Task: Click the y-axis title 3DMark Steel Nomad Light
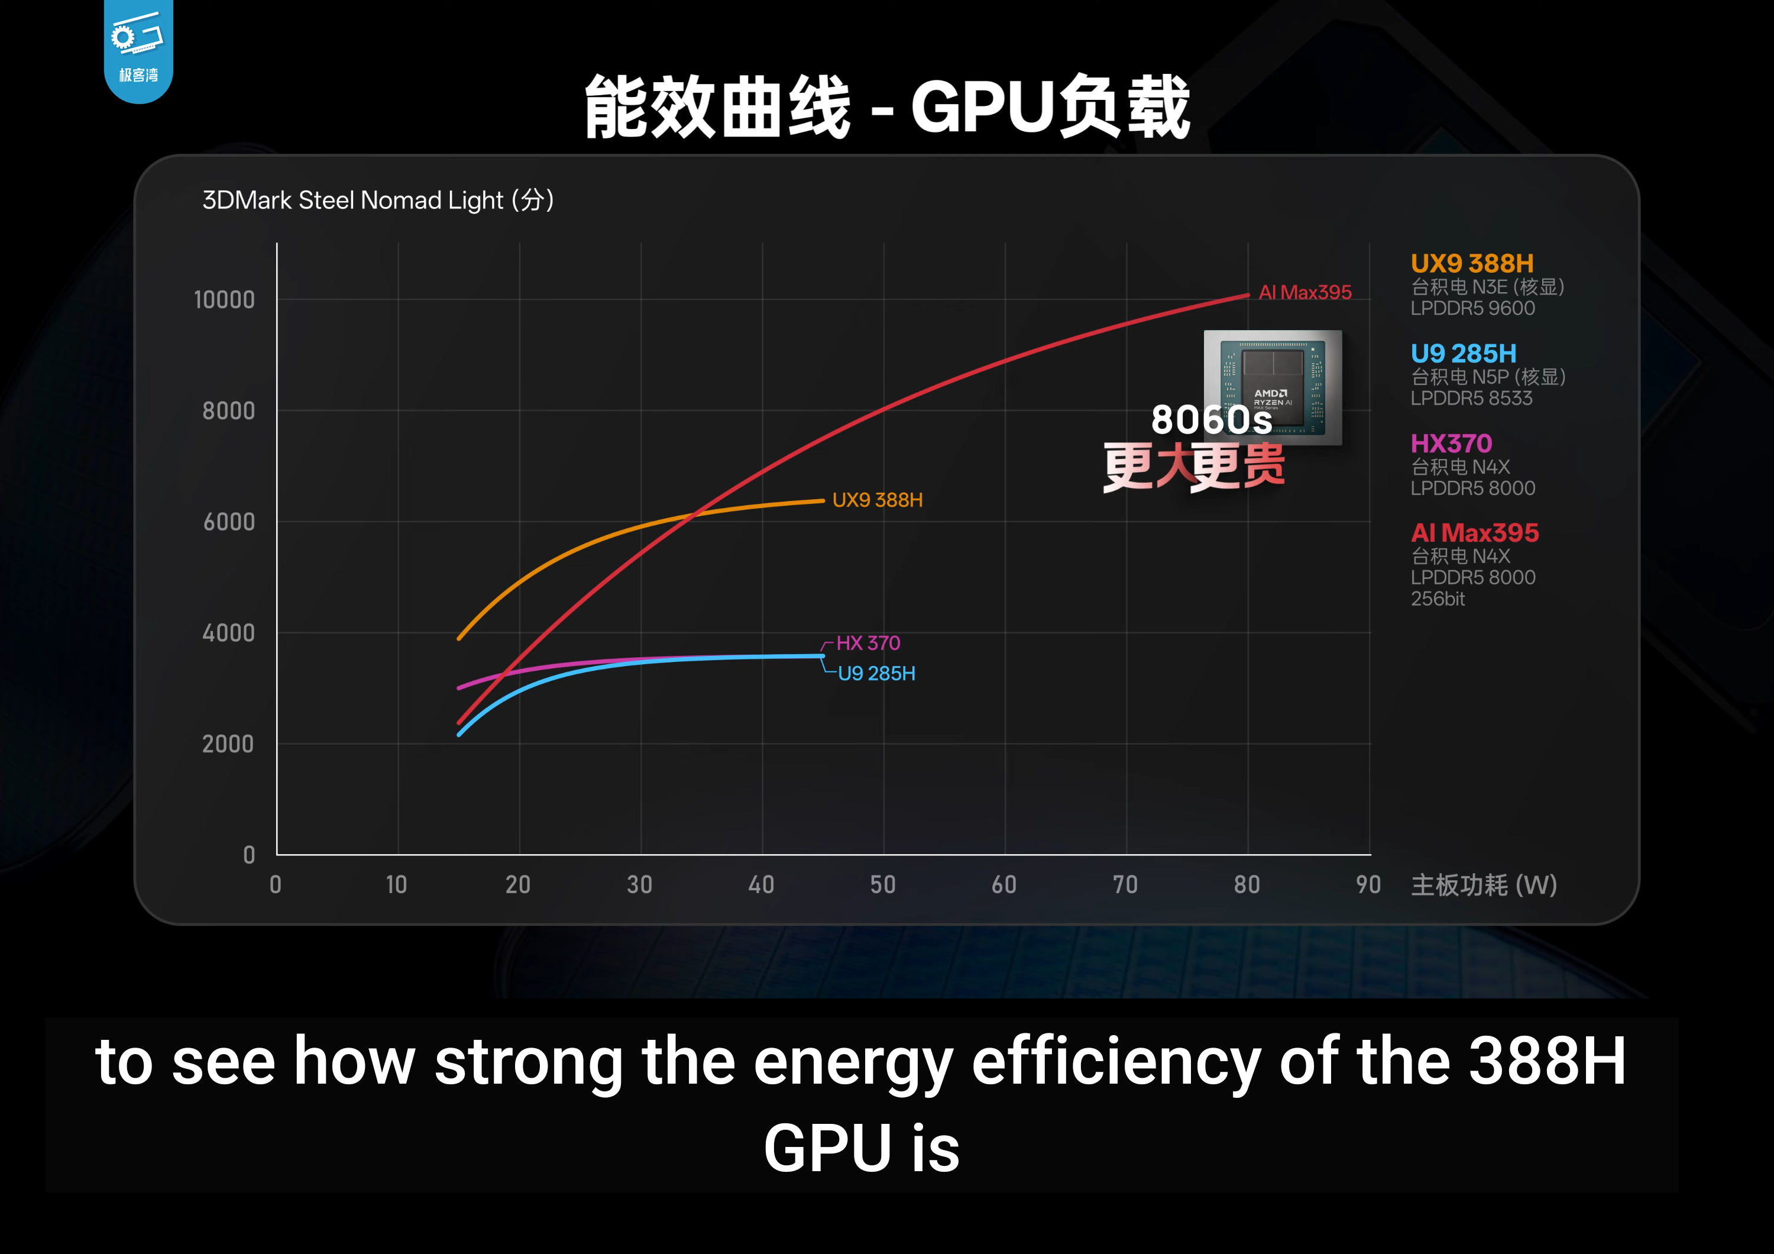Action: [377, 200]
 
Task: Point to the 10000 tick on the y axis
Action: [224, 300]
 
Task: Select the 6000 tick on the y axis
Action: [229, 522]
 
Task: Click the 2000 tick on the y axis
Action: [228, 744]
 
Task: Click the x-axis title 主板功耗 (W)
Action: [1484, 885]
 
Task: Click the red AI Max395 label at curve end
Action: [1305, 293]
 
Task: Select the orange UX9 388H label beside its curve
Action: [877, 500]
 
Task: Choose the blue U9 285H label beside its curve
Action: [876, 674]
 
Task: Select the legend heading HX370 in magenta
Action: [1451, 444]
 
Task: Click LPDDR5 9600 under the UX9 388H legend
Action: [1472, 308]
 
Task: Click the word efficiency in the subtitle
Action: [1115, 1062]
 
